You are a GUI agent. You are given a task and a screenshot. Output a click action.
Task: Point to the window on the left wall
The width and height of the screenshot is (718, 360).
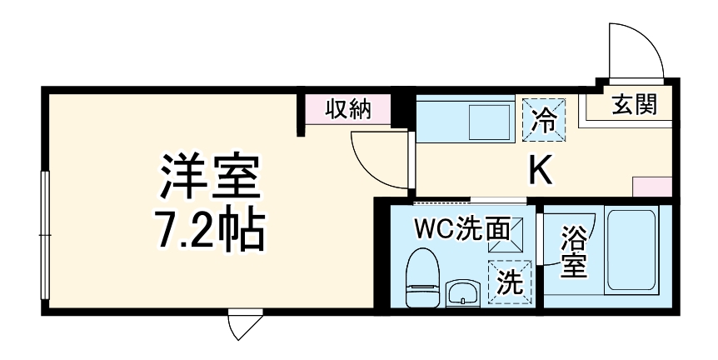[46, 242]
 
